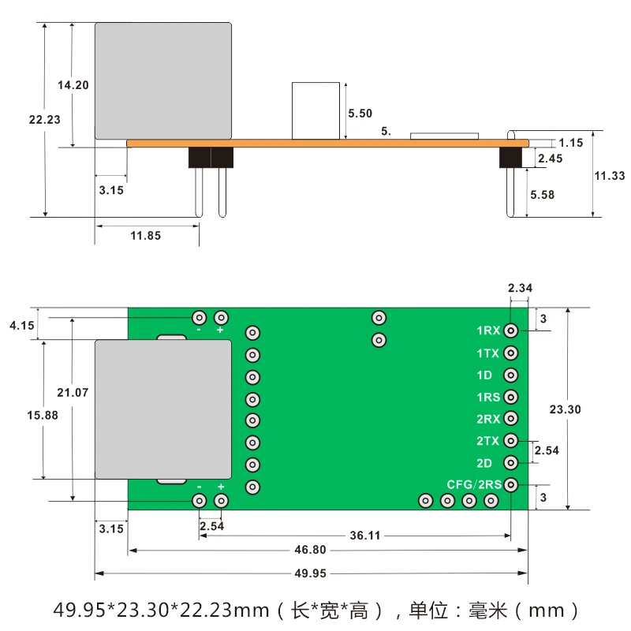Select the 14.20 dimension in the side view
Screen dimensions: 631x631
(73, 85)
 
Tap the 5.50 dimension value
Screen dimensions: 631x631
(360, 113)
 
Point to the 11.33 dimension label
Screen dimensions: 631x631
(610, 176)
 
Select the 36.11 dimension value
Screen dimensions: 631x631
(365, 535)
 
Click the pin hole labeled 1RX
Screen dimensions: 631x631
(511, 331)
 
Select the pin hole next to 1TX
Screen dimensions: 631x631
(511, 353)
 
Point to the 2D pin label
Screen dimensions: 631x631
(485, 463)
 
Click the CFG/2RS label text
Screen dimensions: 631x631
(475, 484)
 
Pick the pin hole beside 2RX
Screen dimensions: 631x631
(511, 419)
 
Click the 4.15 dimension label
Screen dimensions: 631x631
(21, 325)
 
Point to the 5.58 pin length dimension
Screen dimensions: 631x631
(543, 194)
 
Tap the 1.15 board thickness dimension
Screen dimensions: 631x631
(570, 143)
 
